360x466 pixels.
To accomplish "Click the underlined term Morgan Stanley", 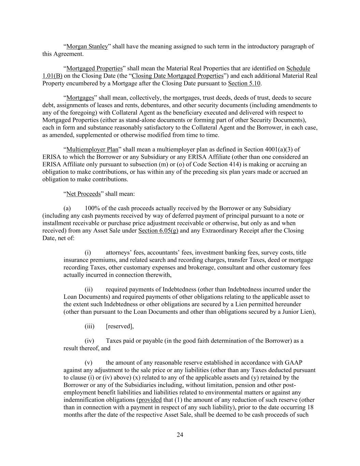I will (87, 46).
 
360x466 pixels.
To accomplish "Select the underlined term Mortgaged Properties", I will (94, 69).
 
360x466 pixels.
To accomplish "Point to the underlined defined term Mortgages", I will (80, 98).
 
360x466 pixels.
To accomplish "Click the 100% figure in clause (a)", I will (92, 208).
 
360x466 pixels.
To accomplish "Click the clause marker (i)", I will (88, 253).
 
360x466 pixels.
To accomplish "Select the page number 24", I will (180, 435).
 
